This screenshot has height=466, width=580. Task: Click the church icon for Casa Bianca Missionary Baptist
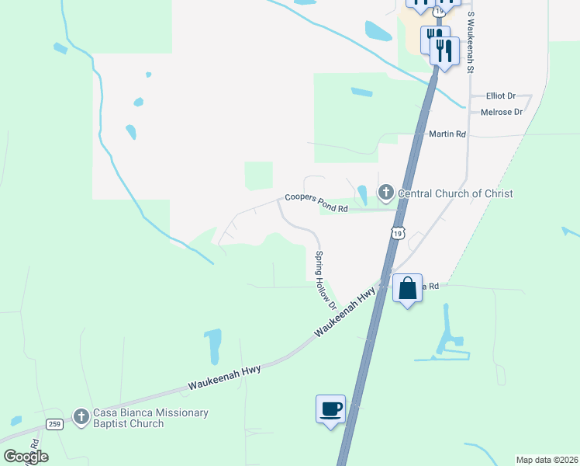click(x=81, y=417)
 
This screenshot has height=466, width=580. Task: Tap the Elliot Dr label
click(x=500, y=96)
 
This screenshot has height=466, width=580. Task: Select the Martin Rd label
click(x=447, y=134)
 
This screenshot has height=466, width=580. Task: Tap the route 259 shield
click(x=54, y=423)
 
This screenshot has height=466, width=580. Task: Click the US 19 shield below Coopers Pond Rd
click(x=398, y=233)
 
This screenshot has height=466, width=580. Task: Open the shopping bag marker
click(x=408, y=289)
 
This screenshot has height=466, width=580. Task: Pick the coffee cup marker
click(x=330, y=409)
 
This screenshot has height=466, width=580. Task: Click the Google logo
click(x=26, y=456)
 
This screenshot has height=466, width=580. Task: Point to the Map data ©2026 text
click(x=547, y=460)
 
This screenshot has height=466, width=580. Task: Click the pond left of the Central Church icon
click(x=362, y=193)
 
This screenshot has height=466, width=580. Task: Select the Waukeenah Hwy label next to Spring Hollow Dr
click(x=346, y=311)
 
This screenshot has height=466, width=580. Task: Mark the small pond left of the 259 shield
click(x=16, y=422)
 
